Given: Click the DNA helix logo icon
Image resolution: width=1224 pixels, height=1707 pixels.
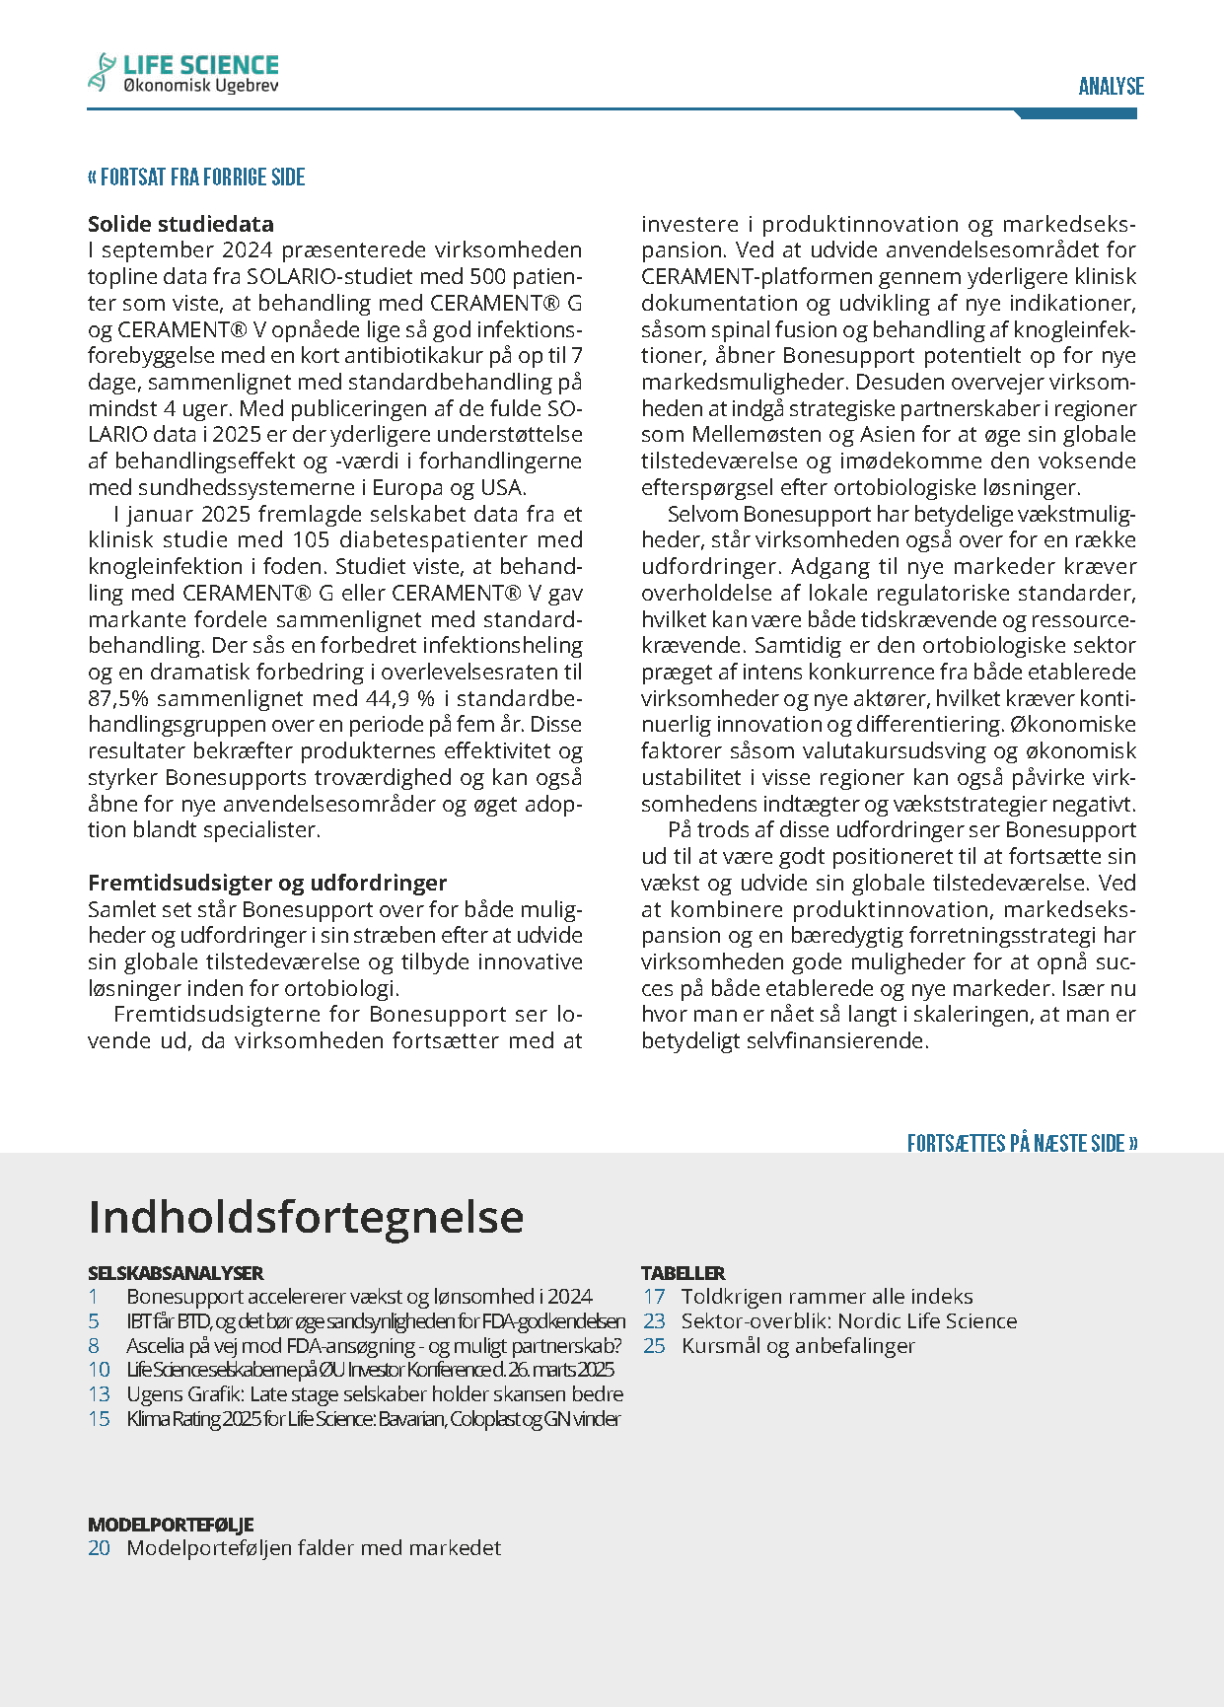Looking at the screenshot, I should (x=101, y=72).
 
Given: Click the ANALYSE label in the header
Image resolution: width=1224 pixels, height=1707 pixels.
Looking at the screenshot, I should (x=1111, y=87).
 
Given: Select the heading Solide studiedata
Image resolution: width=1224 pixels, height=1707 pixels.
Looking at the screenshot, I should (x=180, y=224).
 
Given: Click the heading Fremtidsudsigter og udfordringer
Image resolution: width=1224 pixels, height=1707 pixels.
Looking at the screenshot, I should (x=267, y=883).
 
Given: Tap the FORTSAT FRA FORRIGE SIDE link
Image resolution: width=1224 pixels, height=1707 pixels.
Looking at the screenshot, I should (x=196, y=178).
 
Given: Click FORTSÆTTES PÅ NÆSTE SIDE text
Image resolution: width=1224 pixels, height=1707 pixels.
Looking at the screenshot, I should (x=1022, y=1143).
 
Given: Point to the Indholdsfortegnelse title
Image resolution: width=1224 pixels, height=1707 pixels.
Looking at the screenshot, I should (x=306, y=1217).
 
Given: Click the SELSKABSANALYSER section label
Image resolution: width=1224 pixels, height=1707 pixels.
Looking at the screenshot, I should (x=176, y=1273).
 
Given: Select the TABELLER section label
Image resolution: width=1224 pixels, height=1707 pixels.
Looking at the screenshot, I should (x=683, y=1273).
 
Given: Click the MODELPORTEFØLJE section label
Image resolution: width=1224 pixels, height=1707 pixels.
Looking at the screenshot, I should (x=171, y=1525).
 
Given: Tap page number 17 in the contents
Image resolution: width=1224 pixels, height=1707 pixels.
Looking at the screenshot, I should (x=654, y=1297).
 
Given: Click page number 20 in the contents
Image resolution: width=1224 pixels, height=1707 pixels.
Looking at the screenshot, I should (x=99, y=1548).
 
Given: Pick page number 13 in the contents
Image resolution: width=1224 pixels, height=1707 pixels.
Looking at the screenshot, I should (x=99, y=1394).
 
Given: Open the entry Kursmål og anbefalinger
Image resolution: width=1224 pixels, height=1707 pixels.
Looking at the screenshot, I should (x=798, y=1346).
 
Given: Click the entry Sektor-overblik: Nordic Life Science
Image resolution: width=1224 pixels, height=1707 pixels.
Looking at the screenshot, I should (x=848, y=1321).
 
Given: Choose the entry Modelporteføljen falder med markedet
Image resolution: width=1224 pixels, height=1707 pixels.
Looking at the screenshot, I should (x=314, y=1548).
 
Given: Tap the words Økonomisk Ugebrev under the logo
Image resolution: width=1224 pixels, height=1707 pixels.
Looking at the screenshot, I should (x=201, y=87).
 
